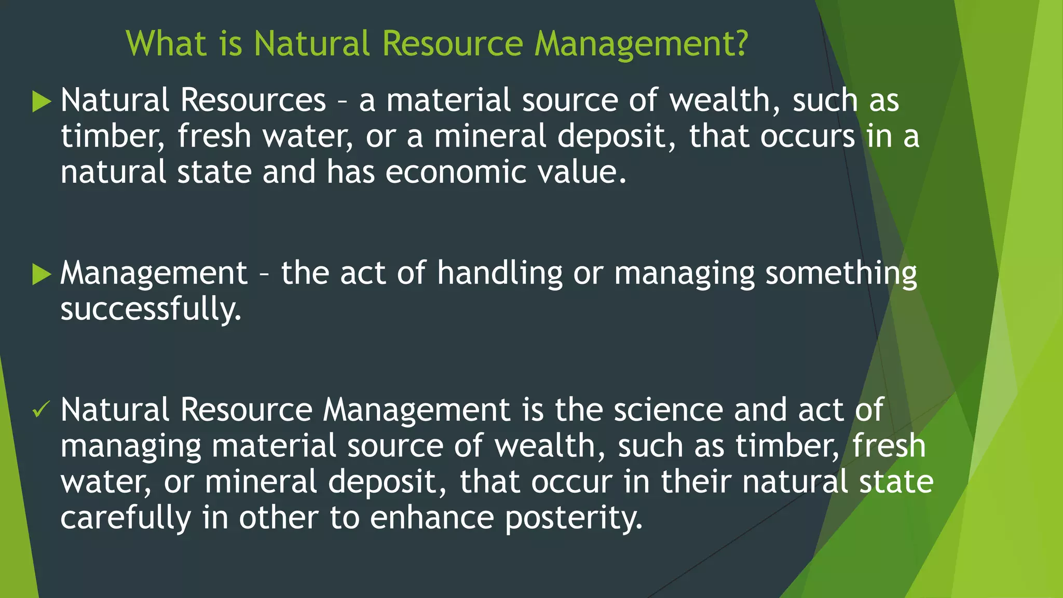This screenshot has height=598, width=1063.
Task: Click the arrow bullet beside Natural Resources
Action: click(42, 101)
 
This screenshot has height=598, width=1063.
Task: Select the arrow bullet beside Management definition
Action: click(42, 274)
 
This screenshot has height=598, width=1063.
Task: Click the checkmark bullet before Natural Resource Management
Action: click(40, 410)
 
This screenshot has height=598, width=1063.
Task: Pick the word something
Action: click(841, 274)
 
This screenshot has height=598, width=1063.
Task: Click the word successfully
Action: click(151, 309)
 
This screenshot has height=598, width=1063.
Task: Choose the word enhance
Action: click(432, 518)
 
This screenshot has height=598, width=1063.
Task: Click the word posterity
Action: click(574, 518)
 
